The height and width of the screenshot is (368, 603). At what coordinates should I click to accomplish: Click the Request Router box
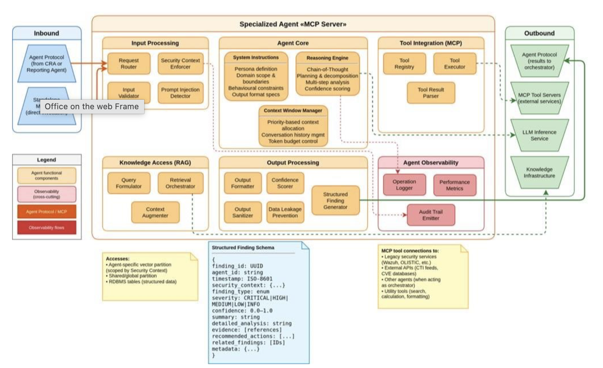pos(129,63)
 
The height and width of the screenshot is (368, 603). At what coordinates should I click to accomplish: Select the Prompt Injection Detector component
pos(180,93)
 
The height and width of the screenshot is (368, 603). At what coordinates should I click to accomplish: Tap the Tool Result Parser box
pos(431,93)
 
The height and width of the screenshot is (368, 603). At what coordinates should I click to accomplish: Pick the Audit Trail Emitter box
pos(431,215)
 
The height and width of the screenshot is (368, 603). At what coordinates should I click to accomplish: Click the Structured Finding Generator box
pos(335,200)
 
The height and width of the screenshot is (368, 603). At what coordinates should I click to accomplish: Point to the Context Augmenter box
pos(155,212)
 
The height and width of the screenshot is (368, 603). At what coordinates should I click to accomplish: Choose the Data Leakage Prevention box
pos(285,212)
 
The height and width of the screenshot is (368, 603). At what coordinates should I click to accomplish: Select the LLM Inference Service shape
pos(539,135)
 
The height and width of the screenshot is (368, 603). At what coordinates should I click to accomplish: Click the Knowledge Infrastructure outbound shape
pos(539,172)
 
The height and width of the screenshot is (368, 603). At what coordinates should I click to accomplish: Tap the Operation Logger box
pos(404,185)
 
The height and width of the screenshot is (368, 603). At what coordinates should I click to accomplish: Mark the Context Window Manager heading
pos(293,110)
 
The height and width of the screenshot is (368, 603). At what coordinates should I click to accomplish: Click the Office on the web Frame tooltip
pos(92,107)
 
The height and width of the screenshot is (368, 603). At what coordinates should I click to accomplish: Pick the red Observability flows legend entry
pos(46,228)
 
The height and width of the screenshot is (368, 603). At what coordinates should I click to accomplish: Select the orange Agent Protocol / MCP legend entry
pos(46,211)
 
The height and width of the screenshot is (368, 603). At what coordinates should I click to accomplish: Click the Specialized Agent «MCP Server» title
pos(293,24)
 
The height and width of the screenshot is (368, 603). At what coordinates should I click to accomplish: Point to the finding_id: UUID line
pos(237,266)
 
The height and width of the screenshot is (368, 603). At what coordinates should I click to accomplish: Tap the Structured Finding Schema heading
pos(243,248)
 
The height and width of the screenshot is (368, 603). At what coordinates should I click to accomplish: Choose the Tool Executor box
pos(454,63)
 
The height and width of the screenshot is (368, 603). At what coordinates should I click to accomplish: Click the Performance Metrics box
pos(454,185)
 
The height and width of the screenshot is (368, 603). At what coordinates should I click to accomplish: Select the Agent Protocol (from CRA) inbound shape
pos(46,63)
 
